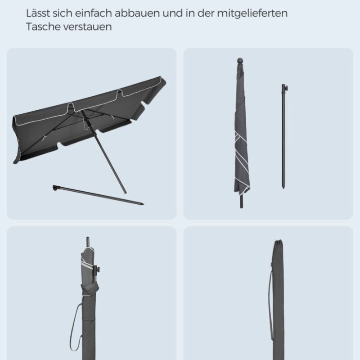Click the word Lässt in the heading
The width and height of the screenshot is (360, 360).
[38, 13]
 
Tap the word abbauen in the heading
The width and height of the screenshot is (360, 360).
[137, 13]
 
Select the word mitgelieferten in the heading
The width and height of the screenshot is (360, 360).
[252, 13]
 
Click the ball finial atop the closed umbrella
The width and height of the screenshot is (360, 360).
[240, 61]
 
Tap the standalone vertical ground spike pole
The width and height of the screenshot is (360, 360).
[284, 137]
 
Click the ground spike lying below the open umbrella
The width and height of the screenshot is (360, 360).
[98, 195]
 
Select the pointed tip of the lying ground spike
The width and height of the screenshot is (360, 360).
[143, 204]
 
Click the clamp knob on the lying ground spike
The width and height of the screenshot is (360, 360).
[55, 188]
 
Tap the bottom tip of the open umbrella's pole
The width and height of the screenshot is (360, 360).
[125, 193]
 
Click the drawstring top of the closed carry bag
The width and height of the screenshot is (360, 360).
[278, 242]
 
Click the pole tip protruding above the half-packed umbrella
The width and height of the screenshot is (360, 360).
[88, 242]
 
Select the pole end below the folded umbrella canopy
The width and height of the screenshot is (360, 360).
[241, 202]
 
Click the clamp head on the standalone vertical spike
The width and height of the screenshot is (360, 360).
[285, 87]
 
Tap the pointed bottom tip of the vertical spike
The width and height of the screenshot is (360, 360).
[283, 187]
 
